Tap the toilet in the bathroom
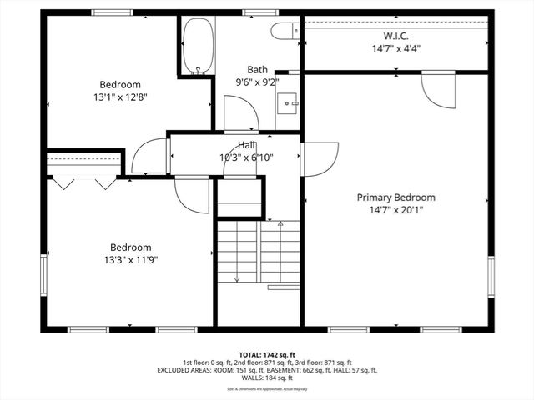[x=284, y=32]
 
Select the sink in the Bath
[x=290, y=103]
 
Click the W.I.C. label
[x=395, y=36]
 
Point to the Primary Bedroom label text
[x=395, y=197]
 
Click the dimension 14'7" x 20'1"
[x=395, y=210]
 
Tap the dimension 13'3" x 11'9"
[x=131, y=259]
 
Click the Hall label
[x=246, y=145]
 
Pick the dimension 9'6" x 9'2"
[x=256, y=82]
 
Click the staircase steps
[x=259, y=250]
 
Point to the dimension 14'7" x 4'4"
[x=395, y=48]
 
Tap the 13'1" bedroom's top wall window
[x=113, y=12]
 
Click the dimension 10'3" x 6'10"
[x=246, y=157]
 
